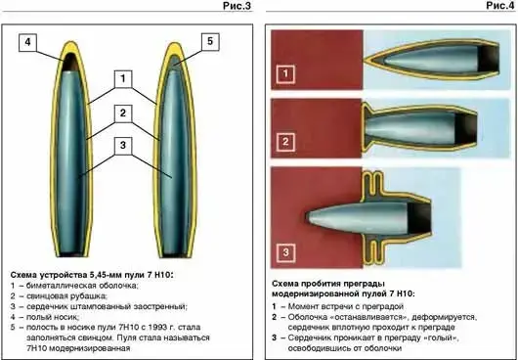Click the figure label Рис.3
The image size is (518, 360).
[x=237, y=6]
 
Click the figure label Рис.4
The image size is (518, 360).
[x=500, y=6]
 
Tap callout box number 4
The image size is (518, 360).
[x=27, y=43]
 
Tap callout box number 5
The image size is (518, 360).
[x=210, y=41]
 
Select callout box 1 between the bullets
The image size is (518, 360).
[x=123, y=79]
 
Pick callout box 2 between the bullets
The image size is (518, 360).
[x=123, y=113]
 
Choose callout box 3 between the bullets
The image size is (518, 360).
[x=123, y=146]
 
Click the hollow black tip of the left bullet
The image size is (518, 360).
[x=70, y=63]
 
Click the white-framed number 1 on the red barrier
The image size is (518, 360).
[x=285, y=73]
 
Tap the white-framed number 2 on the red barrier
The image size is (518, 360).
[x=285, y=142]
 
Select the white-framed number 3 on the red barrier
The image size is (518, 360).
[x=285, y=252]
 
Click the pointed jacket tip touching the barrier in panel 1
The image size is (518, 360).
[x=366, y=61]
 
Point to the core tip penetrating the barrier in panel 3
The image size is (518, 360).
[x=309, y=218]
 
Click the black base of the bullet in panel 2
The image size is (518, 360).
[x=466, y=128]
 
